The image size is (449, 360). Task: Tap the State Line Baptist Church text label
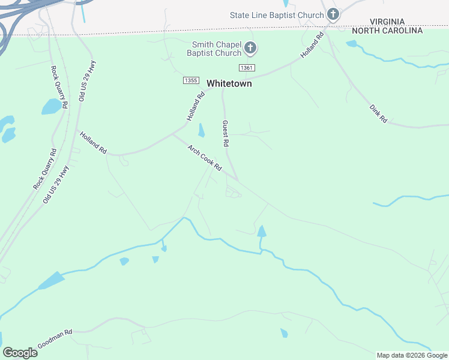coord(277,14)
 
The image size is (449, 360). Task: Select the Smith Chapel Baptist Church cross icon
coord(251,48)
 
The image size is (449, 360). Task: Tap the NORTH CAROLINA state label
coord(387,30)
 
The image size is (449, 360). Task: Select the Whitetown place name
coord(229,84)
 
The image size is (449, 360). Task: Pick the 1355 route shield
coord(191,80)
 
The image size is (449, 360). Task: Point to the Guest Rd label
coord(226,134)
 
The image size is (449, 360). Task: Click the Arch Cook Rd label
coord(205,158)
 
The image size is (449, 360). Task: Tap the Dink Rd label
coord(378,113)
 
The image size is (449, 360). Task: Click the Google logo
coord(20,353)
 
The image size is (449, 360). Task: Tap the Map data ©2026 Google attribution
coord(412,355)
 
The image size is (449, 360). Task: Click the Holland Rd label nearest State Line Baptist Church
coord(313,45)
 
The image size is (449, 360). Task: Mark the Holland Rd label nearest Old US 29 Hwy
coord(93,143)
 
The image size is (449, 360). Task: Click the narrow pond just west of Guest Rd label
coord(201,130)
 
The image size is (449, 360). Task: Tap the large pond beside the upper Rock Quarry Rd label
coord(52,107)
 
